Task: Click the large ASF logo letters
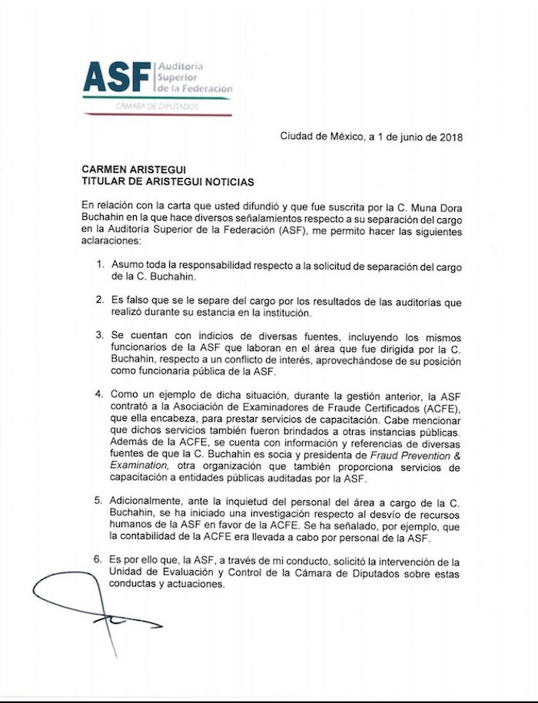point(117,77)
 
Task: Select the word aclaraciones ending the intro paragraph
point(113,240)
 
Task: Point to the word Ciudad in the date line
point(297,139)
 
